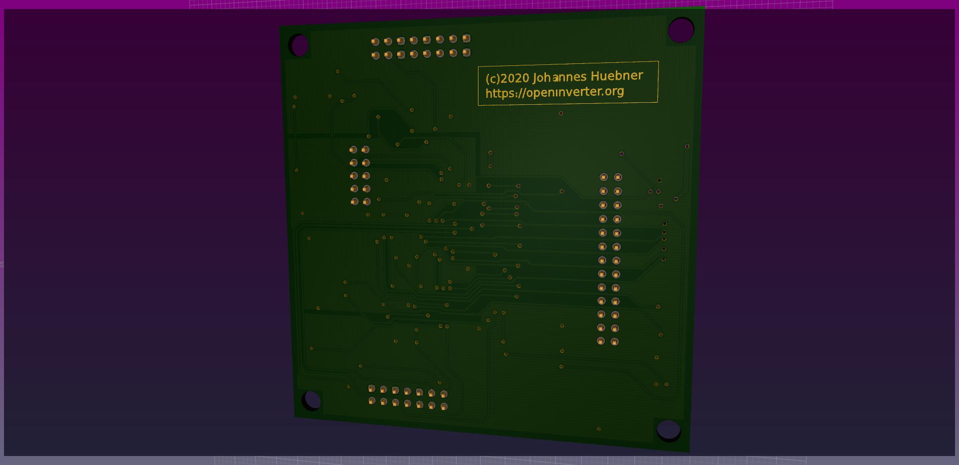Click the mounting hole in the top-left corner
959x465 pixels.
point(300,45)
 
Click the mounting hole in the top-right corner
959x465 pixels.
point(681,30)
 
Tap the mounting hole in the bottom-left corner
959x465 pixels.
point(312,400)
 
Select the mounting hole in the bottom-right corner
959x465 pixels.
point(668,431)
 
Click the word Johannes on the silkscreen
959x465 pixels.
point(560,77)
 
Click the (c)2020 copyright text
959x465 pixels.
point(507,78)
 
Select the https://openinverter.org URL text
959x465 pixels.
point(555,92)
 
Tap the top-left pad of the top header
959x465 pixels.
point(375,42)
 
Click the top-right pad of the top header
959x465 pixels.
point(467,38)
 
